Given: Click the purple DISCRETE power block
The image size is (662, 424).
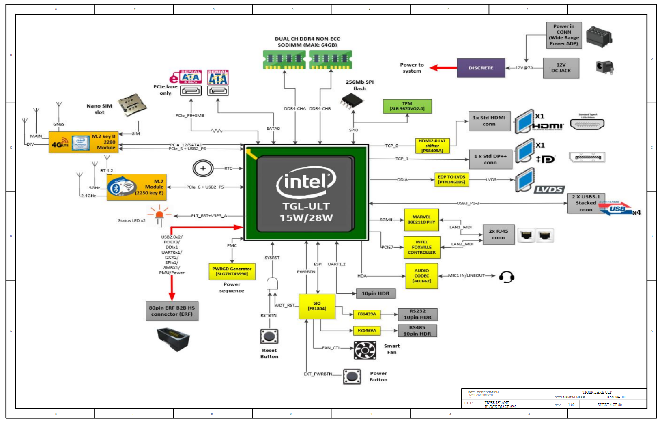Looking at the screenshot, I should coord(481,68).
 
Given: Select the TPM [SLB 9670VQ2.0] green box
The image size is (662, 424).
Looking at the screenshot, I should coord(407,106).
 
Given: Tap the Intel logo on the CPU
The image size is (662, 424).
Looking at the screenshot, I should coord(306,181).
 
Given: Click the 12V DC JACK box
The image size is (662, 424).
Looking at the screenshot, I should coord(561,68).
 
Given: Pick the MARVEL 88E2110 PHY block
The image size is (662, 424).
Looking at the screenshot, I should coord(421,220).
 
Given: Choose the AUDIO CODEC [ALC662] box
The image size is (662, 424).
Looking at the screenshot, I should coord(421,276).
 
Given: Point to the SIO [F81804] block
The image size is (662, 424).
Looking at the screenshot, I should coord(317,306).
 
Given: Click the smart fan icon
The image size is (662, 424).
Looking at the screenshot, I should coord(365,350).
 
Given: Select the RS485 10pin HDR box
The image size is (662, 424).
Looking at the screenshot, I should coord(417,331).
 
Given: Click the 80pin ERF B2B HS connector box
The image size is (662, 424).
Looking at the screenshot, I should coord(172,311).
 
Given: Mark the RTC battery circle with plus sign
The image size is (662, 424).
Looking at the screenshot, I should coord(203,168).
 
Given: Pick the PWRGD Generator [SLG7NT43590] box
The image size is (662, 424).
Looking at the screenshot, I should coord(232,271).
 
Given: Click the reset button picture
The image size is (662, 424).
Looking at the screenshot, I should coord(269,336).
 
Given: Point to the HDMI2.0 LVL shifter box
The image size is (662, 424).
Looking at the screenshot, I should coord(432,146).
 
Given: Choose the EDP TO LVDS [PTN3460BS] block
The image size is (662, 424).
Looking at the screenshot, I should coord(451,180).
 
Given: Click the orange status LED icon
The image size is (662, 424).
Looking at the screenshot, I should coord(159,215).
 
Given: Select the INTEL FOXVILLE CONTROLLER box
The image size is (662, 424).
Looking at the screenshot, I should coord(421,247).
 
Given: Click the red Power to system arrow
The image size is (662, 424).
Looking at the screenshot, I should coord(443,68).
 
